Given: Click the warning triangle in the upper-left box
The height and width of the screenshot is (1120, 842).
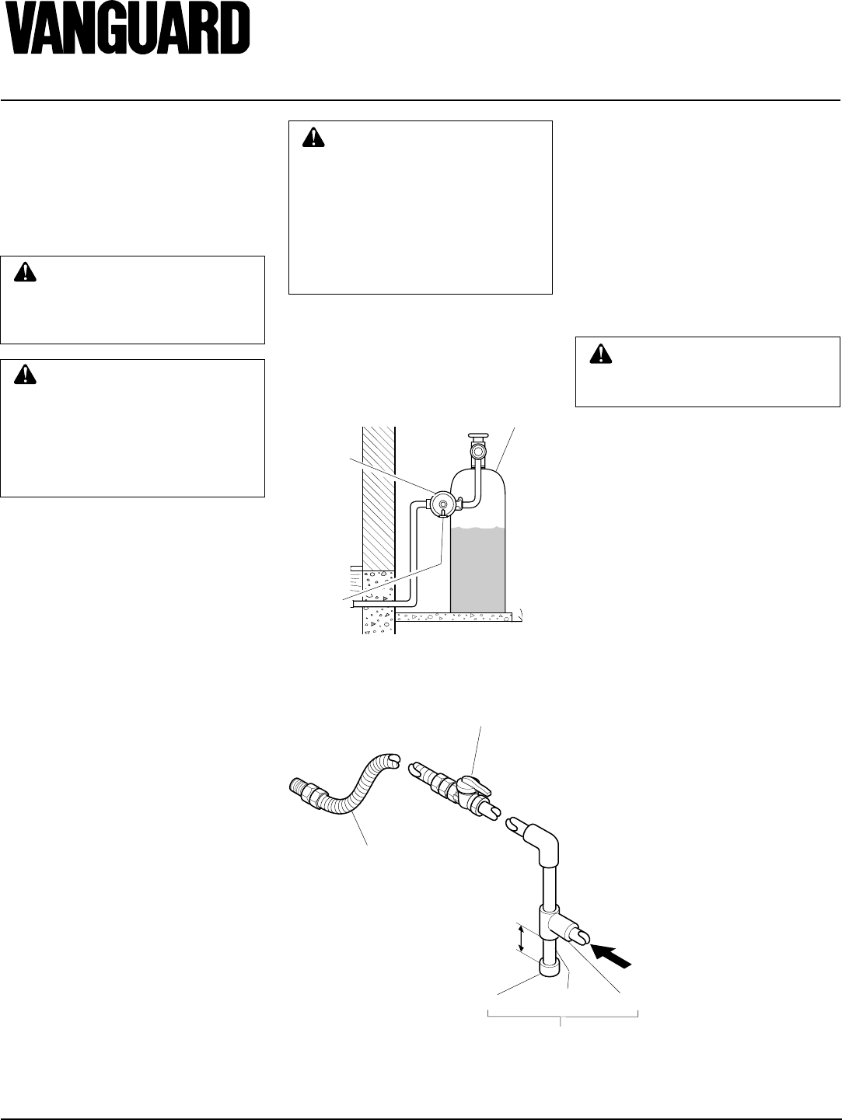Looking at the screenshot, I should (26, 272).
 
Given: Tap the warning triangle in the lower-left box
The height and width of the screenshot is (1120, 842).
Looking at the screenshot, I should (26, 375).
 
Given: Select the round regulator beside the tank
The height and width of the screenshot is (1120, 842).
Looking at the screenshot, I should (442, 504).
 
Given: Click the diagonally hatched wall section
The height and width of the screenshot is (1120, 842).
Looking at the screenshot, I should (379, 497).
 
